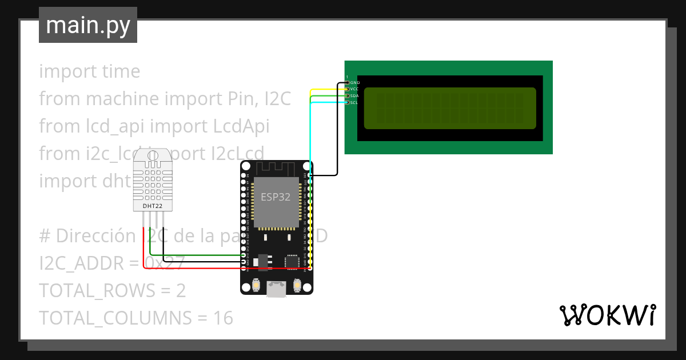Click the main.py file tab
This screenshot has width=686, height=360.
[87, 25]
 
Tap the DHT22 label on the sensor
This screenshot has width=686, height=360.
[151, 205]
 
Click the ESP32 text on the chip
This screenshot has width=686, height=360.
[276, 197]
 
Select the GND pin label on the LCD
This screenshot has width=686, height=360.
[354, 83]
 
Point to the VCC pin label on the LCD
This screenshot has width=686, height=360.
[354, 89]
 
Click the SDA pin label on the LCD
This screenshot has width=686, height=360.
[354, 96]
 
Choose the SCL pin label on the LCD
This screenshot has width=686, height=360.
[354, 103]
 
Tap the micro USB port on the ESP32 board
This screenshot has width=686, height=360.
[277, 289]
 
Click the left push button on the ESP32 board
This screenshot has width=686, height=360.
[256, 285]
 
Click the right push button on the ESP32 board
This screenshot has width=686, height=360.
[297, 285]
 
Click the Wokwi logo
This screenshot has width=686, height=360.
[607, 315]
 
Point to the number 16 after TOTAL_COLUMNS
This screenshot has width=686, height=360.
[223, 318]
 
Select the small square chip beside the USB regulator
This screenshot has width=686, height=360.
[292, 261]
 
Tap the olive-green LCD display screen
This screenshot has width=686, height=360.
[450, 108]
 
